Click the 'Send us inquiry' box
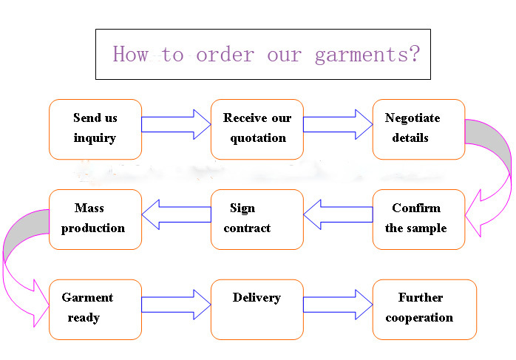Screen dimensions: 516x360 95,129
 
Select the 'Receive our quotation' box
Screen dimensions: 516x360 257,129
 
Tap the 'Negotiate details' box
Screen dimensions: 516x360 418,129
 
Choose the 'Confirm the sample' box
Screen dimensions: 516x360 418,220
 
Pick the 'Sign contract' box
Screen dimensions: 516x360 257,220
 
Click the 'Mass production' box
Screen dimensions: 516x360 95,220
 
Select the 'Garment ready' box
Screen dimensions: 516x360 95,310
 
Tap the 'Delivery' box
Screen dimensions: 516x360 257,310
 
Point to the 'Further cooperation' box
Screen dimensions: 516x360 424,310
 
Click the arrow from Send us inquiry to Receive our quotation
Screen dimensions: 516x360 176,124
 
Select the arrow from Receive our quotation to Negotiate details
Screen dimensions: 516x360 338,124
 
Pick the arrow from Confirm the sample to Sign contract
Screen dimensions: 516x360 338,214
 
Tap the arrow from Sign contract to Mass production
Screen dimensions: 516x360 176,214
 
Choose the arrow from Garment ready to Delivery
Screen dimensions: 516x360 176,305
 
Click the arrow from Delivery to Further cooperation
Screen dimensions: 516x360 338,305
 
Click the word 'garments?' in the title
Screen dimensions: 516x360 367,55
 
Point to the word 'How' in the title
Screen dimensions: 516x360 130,54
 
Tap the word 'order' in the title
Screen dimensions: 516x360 225,54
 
